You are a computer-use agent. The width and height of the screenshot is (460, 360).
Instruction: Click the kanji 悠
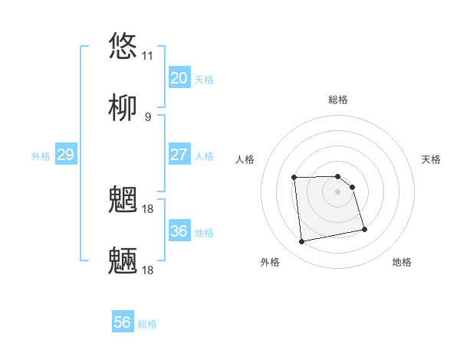click(x=123, y=45)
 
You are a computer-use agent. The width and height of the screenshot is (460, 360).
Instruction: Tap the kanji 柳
click(x=123, y=108)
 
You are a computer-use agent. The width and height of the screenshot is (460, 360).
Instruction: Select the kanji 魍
click(x=123, y=199)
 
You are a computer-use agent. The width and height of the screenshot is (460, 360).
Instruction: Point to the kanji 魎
click(x=123, y=260)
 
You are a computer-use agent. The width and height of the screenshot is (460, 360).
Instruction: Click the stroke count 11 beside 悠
click(x=147, y=56)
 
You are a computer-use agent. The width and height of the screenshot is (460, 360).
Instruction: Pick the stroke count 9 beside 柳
click(x=147, y=117)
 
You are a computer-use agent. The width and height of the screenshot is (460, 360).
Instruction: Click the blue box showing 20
click(x=179, y=78)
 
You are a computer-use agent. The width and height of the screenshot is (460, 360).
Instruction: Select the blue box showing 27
click(x=179, y=155)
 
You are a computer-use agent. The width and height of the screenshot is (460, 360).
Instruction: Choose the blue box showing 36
click(x=179, y=231)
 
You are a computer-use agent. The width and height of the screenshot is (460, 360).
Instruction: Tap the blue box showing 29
click(x=65, y=155)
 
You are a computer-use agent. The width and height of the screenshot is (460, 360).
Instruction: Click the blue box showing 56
click(x=123, y=322)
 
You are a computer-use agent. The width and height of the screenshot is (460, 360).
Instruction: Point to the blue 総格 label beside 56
click(x=147, y=324)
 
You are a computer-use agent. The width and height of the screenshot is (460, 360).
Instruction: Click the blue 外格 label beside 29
click(x=41, y=156)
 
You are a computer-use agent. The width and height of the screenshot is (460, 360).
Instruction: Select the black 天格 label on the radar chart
click(x=431, y=159)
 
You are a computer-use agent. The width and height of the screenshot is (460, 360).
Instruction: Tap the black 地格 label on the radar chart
click(x=402, y=262)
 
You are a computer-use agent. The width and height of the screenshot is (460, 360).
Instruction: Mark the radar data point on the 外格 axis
click(x=302, y=242)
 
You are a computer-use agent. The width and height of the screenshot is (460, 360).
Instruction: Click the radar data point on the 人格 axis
click(x=294, y=178)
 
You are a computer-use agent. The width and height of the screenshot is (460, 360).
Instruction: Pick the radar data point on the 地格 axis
click(x=364, y=229)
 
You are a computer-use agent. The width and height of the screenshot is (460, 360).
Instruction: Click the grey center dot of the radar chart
click(x=337, y=191)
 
